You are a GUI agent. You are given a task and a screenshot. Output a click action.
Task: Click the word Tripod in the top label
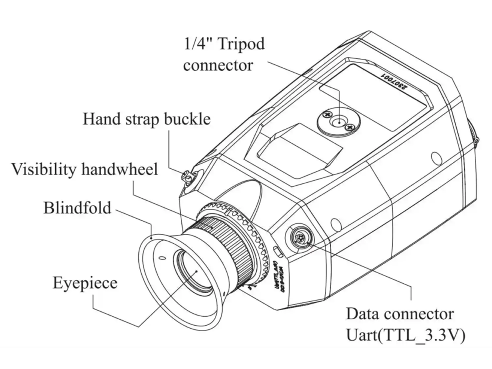241,44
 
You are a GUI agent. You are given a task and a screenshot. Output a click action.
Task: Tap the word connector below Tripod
218,65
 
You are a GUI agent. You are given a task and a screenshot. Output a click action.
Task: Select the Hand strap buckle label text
146,119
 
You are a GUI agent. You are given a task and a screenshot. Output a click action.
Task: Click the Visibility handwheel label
85,169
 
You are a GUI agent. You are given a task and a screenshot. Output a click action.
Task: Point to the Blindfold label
77,208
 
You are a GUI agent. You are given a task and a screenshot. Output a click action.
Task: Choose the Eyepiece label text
85,283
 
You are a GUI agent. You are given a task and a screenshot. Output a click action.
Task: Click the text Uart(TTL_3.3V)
406,335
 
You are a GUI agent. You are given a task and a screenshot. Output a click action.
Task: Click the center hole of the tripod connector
339,122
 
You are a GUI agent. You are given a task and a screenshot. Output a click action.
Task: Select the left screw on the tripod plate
327,115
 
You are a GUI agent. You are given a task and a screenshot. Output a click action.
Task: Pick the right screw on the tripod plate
350,127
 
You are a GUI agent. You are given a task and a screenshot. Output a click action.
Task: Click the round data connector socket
299,238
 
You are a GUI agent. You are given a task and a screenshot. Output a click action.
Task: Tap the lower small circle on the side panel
336,224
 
